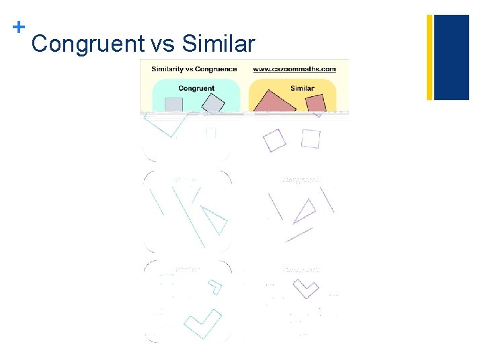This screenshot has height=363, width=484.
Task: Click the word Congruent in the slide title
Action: click(x=88, y=44)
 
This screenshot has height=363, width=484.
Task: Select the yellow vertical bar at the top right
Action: click(x=430, y=57)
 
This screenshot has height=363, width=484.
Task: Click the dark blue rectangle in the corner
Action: click(x=452, y=57)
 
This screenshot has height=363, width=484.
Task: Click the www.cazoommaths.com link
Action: click(x=294, y=69)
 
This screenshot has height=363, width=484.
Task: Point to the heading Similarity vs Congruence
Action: click(x=194, y=69)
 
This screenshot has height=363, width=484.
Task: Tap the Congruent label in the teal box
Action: click(x=196, y=88)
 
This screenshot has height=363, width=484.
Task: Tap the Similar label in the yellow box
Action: click(x=302, y=88)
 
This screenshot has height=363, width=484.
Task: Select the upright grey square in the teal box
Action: click(x=173, y=104)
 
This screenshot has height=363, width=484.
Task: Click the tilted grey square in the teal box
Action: click(x=213, y=104)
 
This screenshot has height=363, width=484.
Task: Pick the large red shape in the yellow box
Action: click(x=275, y=100)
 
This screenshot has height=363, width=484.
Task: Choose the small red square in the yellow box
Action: click(x=315, y=103)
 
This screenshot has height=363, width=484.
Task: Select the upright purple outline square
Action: click(x=311, y=138)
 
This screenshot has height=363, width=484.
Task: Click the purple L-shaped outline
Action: click(x=306, y=288)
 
